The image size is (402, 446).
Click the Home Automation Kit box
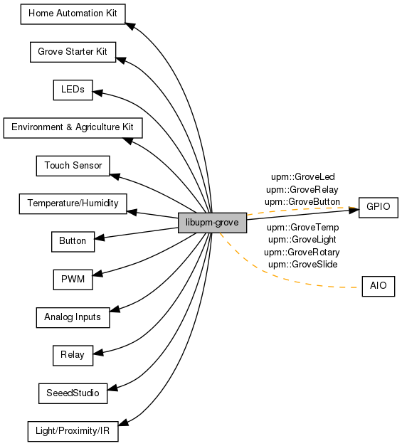tap(73, 14)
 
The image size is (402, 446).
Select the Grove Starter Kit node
tap(73, 52)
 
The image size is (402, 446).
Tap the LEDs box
tap(73, 90)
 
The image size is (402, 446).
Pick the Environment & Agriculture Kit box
tap(73, 128)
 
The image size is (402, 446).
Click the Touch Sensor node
tap(73, 166)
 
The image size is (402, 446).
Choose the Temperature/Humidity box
tap(73, 203)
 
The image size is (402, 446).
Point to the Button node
tap(73, 241)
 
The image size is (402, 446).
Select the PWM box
tap(73, 280)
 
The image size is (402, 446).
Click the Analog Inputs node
tap(73, 317)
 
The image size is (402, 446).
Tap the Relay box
tap(73, 355)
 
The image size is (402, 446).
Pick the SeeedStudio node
tap(73, 393)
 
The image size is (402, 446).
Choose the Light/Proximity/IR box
tap(73, 431)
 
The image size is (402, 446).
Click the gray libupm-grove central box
tap(212, 223)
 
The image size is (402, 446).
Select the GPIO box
tap(378, 208)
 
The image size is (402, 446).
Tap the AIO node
tap(378, 286)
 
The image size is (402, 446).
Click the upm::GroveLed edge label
tap(302, 177)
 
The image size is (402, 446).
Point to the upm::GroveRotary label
tap(302, 253)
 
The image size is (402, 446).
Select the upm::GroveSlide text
tap(302, 265)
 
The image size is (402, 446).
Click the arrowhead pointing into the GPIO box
tap(354, 211)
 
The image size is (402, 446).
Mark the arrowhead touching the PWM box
tap(97, 273)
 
